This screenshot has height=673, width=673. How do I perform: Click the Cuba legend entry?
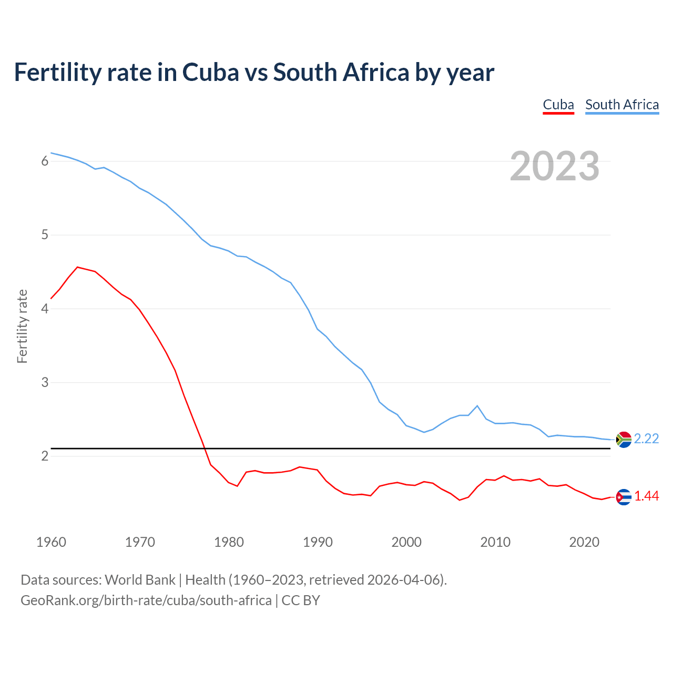(x=558, y=105)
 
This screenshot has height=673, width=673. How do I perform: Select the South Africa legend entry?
(x=621, y=105)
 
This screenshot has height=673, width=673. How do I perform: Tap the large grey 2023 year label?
(x=554, y=166)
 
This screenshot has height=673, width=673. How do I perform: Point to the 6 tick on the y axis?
(x=45, y=161)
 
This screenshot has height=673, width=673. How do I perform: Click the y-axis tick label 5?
(x=45, y=235)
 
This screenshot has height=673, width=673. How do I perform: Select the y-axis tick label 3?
(x=45, y=382)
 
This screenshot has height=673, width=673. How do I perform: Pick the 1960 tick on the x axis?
(x=51, y=542)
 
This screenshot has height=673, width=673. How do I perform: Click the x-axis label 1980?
(x=229, y=542)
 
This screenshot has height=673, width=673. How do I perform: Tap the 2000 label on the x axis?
(x=406, y=542)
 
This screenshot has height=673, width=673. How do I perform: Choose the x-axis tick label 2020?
(x=584, y=542)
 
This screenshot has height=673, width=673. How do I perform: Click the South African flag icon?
(x=624, y=439)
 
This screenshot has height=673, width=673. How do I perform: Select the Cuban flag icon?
(x=624, y=496)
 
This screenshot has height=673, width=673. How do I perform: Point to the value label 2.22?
(x=646, y=439)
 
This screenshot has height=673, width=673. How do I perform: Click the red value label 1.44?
(x=646, y=496)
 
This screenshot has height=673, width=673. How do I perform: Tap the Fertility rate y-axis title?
(x=22, y=326)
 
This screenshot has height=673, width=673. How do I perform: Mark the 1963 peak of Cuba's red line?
(x=78, y=267)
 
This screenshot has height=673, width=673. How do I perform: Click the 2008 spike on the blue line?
(x=477, y=406)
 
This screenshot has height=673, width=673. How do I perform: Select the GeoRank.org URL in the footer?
(x=146, y=600)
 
